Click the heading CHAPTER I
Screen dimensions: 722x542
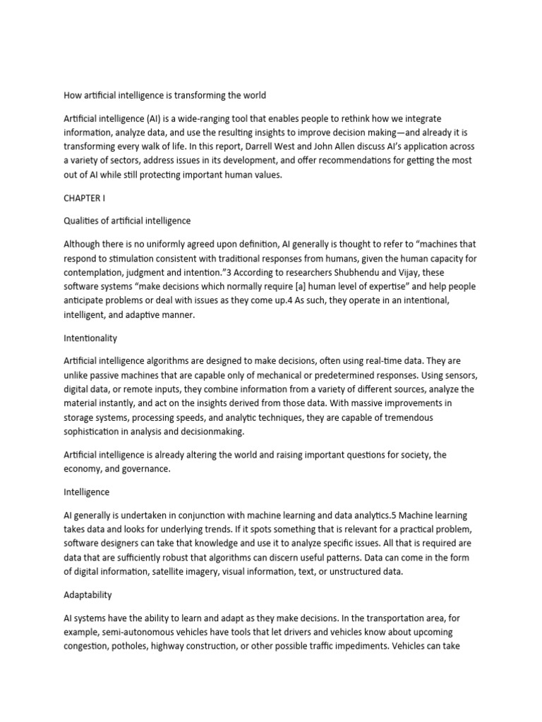pyautogui.click(x=84, y=198)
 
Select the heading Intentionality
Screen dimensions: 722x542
pyautogui.click(x=90, y=338)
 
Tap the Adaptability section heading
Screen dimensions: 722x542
pyautogui.click(x=88, y=594)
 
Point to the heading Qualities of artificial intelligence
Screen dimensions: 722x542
pyautogui.click(x=127, y=221)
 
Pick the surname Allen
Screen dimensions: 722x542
pyautogui.click(x=389, y=147)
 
